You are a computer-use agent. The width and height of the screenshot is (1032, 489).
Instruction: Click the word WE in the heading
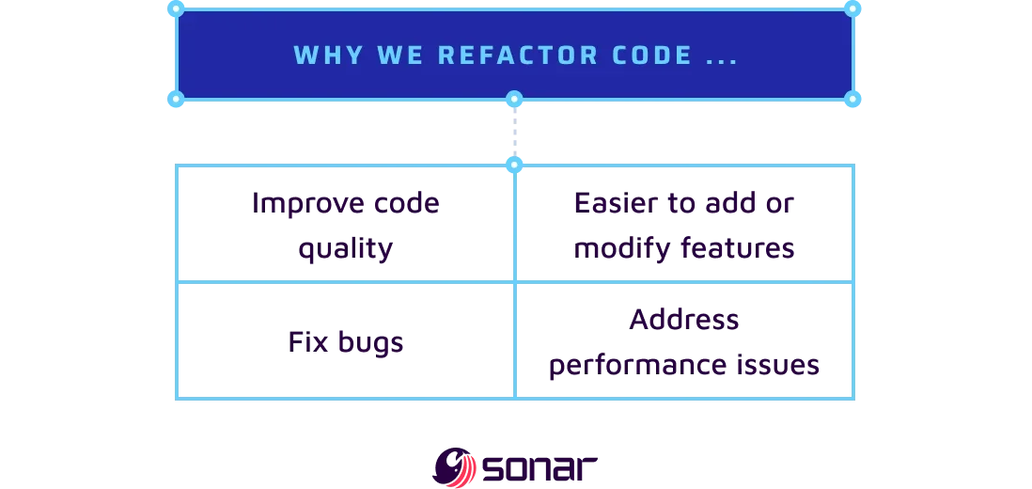394,55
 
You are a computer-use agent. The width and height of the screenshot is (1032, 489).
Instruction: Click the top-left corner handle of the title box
176,8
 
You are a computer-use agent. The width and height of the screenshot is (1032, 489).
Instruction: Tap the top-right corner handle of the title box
852,8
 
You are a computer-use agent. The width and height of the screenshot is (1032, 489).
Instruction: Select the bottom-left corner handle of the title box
176,99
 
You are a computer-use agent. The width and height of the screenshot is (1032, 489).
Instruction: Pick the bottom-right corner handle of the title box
852,99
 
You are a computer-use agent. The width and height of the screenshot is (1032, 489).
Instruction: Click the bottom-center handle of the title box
514,99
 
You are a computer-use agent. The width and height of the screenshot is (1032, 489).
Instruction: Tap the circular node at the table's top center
514,165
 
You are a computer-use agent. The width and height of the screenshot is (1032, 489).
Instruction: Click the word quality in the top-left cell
343,249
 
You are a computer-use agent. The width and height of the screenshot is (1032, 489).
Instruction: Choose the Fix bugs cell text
346,341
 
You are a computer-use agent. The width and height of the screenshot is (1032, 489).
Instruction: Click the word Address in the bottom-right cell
684,320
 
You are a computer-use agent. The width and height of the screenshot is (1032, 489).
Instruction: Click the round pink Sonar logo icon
456,466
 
